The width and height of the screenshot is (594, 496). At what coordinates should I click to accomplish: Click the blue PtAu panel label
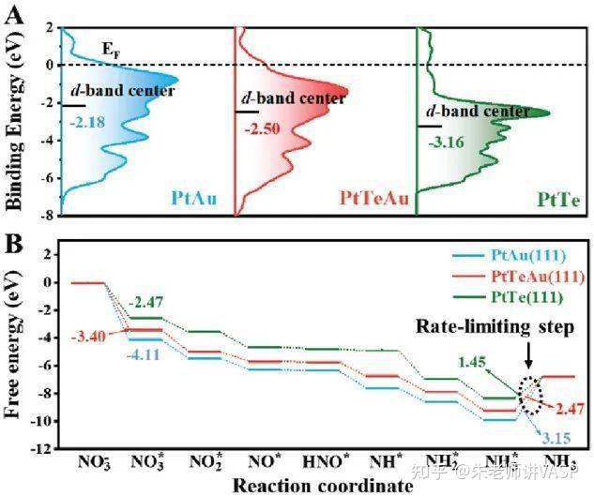tap(195, 199)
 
